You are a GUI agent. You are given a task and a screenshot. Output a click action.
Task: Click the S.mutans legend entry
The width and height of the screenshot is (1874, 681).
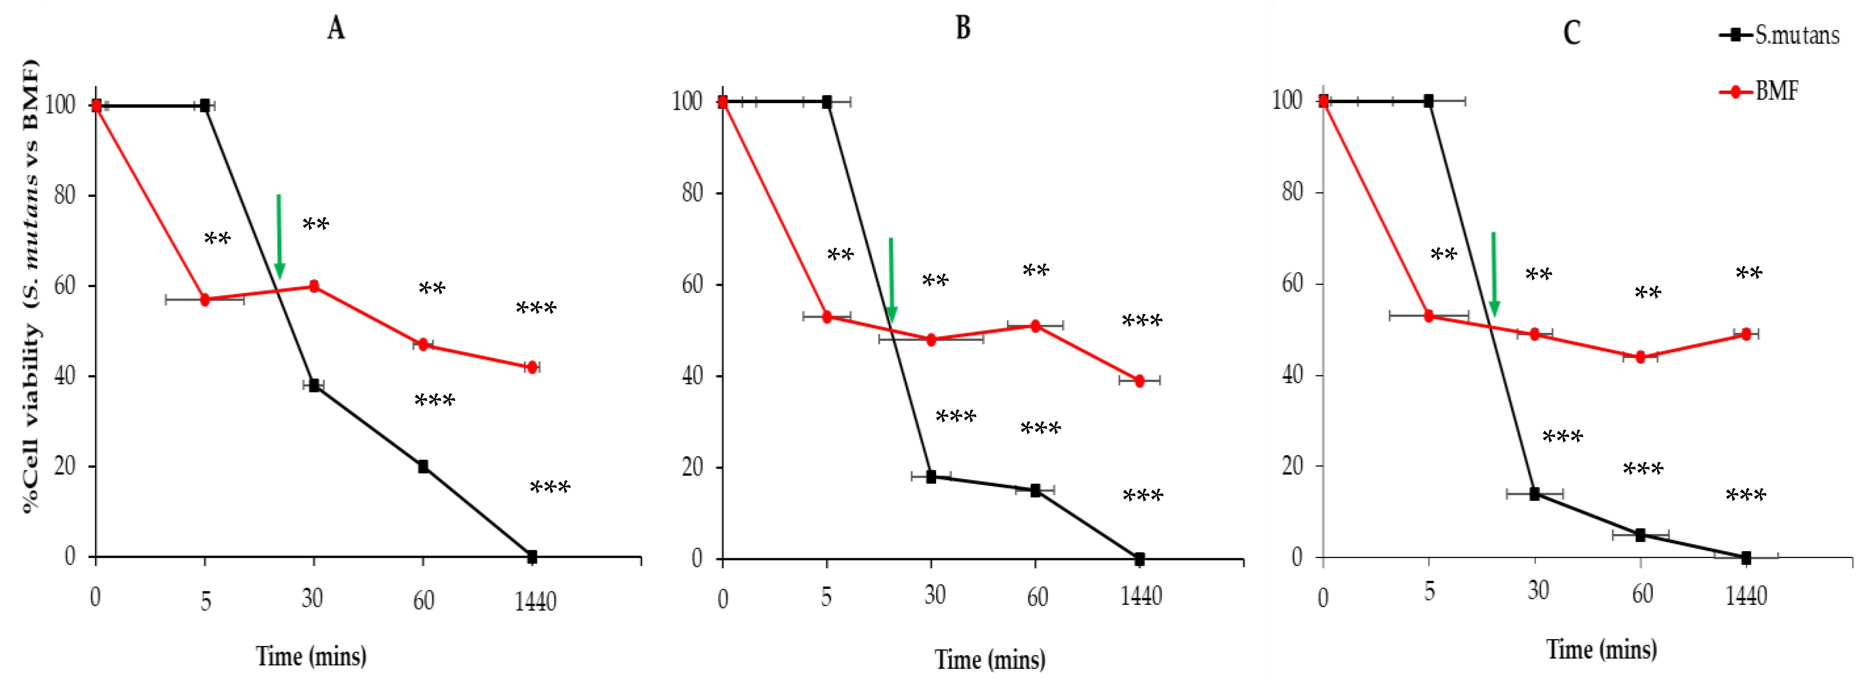pos(1780,35)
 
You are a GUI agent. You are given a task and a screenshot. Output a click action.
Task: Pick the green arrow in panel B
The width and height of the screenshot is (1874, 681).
pos(891,280)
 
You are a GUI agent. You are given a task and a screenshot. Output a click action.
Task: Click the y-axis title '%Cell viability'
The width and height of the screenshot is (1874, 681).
pos(31,287)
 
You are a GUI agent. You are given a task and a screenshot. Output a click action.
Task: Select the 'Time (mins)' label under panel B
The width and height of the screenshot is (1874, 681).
pos(989,659)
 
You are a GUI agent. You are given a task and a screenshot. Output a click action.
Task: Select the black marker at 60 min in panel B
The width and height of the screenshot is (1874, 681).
pos(1035,490)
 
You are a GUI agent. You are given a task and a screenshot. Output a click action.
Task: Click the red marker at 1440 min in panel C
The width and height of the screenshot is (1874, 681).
pos(1746,334)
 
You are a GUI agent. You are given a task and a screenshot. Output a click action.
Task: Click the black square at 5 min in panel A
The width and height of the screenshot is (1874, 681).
pos(205,105)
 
